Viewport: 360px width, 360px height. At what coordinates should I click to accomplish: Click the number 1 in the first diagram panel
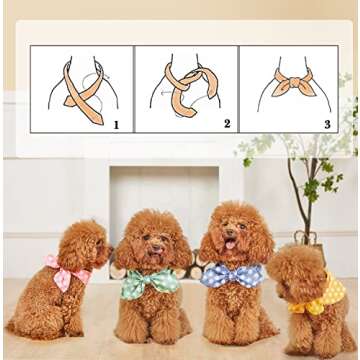[116, 125]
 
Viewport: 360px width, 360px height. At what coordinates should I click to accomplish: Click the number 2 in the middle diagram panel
[227, 124]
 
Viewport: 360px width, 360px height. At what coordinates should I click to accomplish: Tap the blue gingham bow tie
[233, 275]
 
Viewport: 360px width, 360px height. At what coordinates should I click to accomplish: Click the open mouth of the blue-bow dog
[231, 245]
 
